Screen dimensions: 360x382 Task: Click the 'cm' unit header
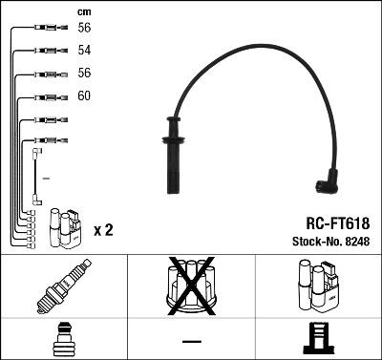click(x=82, y=11)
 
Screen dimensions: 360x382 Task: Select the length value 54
click(x=84, y=49)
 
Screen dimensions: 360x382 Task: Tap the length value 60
click(x=84, y=96)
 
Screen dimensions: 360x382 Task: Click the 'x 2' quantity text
click(x=104, y=231)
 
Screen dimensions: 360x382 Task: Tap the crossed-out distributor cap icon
click(x=191, y=286)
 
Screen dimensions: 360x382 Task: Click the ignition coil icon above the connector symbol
click(x=318, y=287)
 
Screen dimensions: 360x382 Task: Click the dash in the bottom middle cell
click(x=191, y=341)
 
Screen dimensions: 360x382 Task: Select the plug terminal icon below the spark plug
click(x=63, y=339)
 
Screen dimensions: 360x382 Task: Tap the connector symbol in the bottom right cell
click(x=318, y=340)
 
